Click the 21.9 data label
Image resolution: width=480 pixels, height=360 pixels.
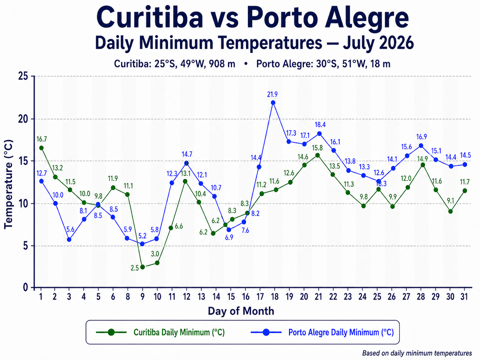(x=272, y=94)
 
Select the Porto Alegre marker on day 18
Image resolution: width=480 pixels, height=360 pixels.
(x=273, y=103)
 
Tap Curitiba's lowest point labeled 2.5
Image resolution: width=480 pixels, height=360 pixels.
(x=143, y=267)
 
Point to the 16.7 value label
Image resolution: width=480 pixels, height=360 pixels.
(x=41, y=139)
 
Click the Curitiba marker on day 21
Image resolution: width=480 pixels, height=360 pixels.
(x=318, y=155)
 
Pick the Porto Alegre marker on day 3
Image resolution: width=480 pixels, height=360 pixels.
(x=69, y=240)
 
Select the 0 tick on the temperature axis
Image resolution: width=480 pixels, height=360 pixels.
(x=26, y=287)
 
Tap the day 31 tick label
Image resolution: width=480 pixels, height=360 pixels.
(x=464, y=297)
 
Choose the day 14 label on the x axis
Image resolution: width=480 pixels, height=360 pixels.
(x=216, y=297)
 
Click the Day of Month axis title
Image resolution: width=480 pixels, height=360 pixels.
(x=241, y=311)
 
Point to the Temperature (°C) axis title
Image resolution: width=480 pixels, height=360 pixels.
(x=9, y=184)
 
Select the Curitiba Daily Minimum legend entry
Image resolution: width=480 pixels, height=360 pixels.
(x=160, y=332)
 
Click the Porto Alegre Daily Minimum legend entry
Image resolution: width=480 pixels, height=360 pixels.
(x=322, y=332)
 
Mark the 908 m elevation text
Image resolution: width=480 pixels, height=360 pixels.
(x=222, y=64)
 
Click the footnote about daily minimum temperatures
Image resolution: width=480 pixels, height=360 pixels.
(x=417, y=353)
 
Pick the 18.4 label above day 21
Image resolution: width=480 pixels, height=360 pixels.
(x=320, y=125)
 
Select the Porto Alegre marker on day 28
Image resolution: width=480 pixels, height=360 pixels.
(x=421, y=146)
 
